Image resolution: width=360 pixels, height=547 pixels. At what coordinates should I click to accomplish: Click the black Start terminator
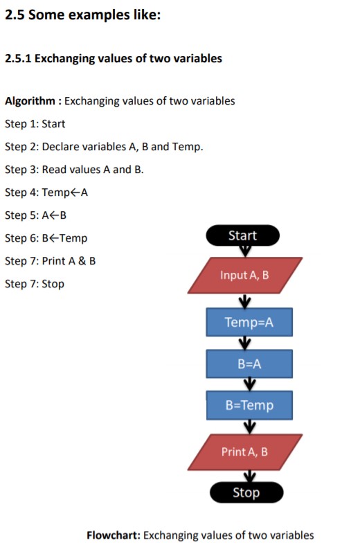243,235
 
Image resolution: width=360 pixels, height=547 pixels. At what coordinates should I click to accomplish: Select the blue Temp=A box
249,323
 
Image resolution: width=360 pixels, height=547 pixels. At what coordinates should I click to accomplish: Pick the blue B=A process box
249,364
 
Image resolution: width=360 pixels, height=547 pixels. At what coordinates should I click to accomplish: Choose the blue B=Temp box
249,405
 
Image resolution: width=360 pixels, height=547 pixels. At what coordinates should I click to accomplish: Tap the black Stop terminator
246,492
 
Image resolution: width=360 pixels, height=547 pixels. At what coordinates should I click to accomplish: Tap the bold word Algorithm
30,101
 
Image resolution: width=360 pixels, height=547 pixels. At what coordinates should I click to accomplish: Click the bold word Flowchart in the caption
113,535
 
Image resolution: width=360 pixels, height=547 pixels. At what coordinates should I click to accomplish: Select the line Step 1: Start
35,124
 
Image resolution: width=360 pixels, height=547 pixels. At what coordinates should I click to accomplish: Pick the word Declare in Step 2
60,147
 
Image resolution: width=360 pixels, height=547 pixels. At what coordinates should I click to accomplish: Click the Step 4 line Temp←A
46,192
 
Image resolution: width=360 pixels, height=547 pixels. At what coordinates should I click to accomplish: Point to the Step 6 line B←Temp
46,238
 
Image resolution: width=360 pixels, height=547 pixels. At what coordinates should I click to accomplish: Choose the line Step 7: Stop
35,284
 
